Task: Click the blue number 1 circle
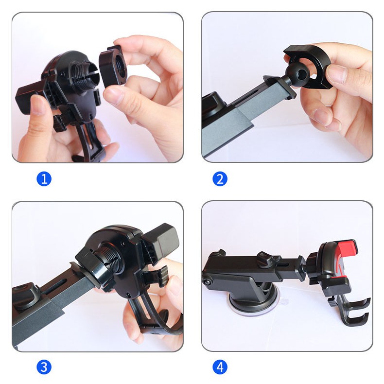(44, 179)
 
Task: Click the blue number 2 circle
(220, 179)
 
